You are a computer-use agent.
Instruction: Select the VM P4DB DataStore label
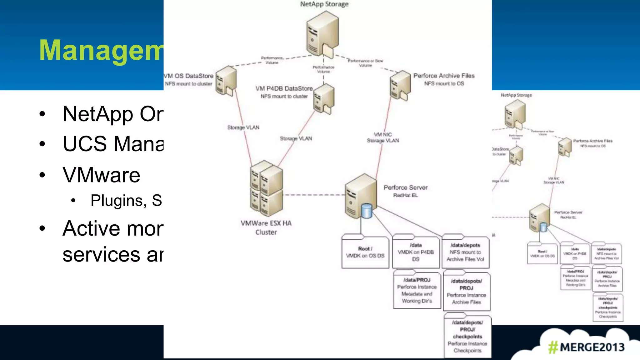[x=284, y=88]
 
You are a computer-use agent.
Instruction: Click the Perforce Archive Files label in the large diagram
[x=444, y=76]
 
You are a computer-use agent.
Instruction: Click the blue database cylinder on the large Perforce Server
[x=366, y=211]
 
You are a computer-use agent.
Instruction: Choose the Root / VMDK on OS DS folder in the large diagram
[x=365, y=252]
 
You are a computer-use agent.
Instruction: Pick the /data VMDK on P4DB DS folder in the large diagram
[x=416, y=252]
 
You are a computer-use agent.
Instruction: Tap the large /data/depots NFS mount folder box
[x=465, y=252]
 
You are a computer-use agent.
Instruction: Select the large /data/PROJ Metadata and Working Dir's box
[x=417, y=290]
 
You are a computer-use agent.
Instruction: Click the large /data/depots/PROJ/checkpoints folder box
[x=467, y=336]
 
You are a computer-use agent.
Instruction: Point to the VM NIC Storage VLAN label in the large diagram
[x=383, y=137]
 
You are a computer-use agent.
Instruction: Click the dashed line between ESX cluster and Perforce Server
[x=312, y=195]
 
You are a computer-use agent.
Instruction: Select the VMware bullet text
[x=101, y=175]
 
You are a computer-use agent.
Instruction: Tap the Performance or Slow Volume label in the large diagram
[x=365, y=63]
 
